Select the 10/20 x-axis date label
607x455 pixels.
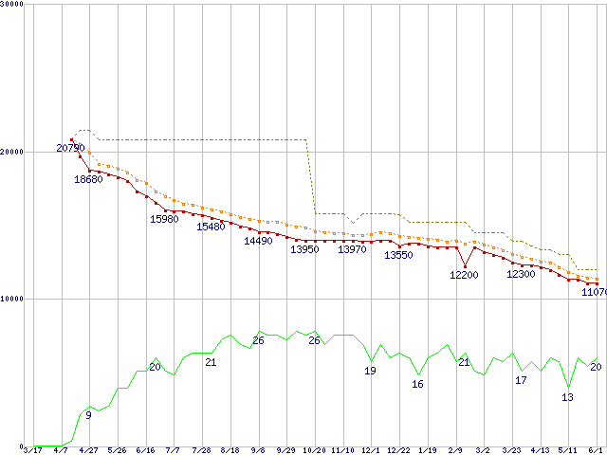click(x=315, y=450)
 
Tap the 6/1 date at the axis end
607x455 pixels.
click(x=597, y=450)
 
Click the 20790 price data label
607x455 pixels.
click(x=70, y=148)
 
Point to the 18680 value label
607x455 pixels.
click(x=88, y=180)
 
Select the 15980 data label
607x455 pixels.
click(x=164, y=220)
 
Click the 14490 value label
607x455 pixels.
click(x=258, y=242)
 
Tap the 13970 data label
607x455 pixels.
click(x=352, y=249)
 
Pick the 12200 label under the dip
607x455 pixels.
click(x=464, y=275)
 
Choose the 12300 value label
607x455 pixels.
click(x=521, y=274)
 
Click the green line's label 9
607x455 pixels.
click(x=88, y=415)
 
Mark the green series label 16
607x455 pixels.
click(x=417, y=384)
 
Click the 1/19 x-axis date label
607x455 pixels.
click(x=427, y=450)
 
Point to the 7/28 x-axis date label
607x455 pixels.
click(x=201, y=450)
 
